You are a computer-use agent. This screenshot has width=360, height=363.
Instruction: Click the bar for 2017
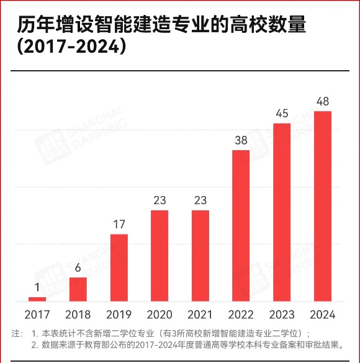click(37, 299)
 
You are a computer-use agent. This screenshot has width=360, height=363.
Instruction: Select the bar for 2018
click(78, 289)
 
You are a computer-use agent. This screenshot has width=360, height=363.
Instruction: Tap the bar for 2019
click(119, 267)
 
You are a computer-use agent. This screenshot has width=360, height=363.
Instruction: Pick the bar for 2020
click(160, 256)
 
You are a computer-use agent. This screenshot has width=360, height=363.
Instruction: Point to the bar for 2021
click(200, 256)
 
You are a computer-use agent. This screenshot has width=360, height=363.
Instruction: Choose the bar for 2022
click(241, 226)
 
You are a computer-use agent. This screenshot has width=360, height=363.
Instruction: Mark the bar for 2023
click(282, 212)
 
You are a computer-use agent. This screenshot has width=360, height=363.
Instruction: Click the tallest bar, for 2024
click(323, 206)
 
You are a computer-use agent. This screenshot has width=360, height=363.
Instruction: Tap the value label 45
click(282, 114)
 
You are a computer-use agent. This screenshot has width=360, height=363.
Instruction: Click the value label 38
click(241, 140)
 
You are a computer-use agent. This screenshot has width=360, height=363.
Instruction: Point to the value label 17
click(119, 225)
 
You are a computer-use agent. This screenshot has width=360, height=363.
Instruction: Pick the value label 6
click(78, 268)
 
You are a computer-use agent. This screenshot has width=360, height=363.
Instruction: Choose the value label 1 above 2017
click(37, 288)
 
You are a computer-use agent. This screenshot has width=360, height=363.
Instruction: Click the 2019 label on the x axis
click(119, 315)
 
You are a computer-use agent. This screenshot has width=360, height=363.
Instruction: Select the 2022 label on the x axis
click(241, 315)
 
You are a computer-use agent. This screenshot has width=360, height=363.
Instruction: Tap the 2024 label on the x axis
click(323, 315)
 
